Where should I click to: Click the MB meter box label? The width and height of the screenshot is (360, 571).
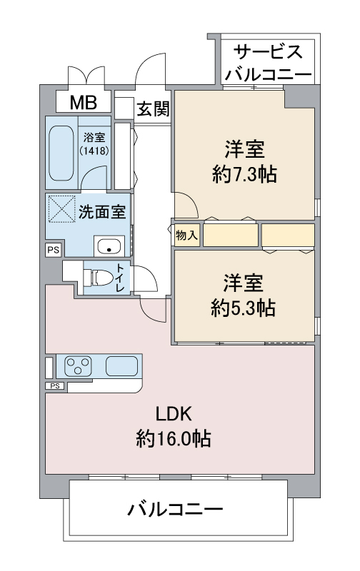(84, 102)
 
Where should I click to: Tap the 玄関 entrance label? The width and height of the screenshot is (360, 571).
(154, 108)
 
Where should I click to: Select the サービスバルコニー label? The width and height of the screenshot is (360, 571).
(268, 63)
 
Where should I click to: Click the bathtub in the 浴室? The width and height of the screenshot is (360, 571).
(61, 153)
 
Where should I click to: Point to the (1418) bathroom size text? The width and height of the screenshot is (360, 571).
(94, 151)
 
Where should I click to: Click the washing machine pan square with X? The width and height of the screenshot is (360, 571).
(62, 208)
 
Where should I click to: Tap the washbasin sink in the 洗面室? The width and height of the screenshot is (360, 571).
(109, 246)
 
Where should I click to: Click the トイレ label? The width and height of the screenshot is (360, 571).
(120, 278)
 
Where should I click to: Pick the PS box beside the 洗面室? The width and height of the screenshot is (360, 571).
(54, 251)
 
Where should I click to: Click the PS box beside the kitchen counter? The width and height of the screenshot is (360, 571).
(55, 385)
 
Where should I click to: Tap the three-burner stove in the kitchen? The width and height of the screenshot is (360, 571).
(78, 365)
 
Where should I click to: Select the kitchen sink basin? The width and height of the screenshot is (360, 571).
(121, 365)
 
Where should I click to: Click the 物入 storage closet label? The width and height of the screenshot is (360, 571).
(186, 235)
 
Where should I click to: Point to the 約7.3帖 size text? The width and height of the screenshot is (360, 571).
(244, 174)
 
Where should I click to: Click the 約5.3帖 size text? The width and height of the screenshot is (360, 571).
(243, 308)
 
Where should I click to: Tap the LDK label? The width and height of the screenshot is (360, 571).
(174, 414)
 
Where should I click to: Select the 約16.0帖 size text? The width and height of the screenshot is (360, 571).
(174, 438)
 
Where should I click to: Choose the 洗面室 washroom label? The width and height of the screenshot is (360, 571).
(102, 211)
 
